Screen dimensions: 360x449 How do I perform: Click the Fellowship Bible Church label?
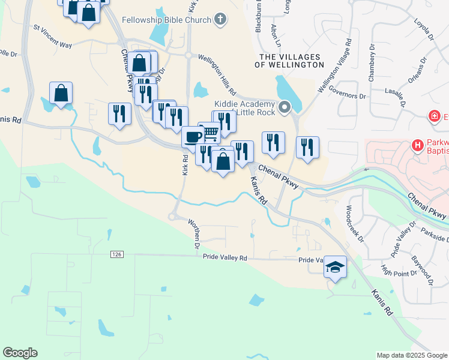click(166, 20)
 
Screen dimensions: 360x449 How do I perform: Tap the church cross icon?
click(220, 19)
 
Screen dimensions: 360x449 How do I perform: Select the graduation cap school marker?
click(336, 268)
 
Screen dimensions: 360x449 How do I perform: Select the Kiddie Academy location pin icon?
click(285, 107)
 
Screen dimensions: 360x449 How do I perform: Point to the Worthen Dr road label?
click(194, 234)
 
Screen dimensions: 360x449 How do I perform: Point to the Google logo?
click(20, 353)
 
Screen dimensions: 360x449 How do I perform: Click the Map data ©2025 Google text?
click(412, 355)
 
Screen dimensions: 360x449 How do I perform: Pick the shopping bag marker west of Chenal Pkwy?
click(61, 94)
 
